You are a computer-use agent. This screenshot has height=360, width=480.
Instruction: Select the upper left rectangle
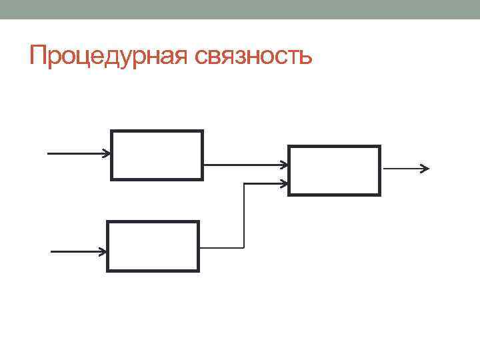[157, 155]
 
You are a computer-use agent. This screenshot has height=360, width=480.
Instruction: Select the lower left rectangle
[153, 246]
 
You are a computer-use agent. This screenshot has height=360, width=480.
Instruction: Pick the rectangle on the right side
[334, 171]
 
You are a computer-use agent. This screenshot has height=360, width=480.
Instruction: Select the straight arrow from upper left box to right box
[243, 164]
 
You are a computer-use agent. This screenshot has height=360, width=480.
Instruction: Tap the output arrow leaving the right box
[403, 169]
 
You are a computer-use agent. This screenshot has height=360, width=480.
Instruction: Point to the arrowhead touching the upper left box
[107, 153]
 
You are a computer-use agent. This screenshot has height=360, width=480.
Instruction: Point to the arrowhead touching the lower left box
[103, 252]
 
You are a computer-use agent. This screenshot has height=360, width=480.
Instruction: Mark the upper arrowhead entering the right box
[285, 164]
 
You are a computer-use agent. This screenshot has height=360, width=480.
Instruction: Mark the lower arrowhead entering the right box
[285, 183]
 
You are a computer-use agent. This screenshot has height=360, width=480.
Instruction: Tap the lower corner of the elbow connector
[245, 247]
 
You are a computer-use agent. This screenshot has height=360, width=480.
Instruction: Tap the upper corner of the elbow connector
[245, 183]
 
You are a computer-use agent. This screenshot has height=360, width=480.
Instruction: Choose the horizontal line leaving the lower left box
[222, 247]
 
